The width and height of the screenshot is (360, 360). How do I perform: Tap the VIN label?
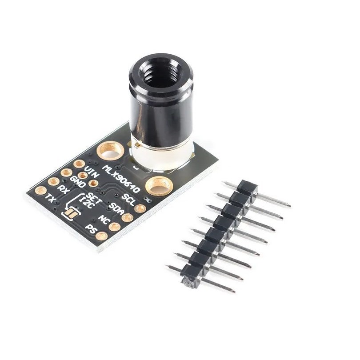[x=91, y=172]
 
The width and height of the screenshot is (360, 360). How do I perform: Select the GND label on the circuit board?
[x=78, y=182]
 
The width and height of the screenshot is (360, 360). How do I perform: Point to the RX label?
[x=64, y=190]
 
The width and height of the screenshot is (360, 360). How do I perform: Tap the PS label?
[x=91, y=229]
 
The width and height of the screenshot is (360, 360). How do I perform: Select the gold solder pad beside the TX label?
[x=40, y=191]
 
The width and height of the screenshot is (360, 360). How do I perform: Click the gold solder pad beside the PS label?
[x=102, y=236]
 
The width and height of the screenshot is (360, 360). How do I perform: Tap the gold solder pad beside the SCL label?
[x=140, y=208]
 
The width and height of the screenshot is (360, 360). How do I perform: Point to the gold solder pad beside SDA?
[x=127, y=217]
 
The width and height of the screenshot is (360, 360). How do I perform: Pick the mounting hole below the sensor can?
[x=159, y=185]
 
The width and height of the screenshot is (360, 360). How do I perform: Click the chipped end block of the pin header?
[x=191, y=279]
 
